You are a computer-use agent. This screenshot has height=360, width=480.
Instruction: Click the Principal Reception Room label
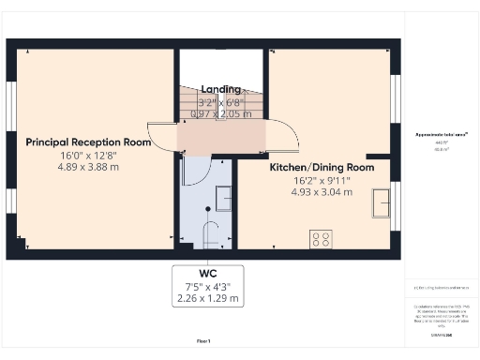pyautogui.click(x=88, y=142)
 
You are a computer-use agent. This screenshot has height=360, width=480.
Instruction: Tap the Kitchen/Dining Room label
pyautogui.click(x=322, y=167)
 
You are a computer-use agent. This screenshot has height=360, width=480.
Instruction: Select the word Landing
pyautogui.click(x=221, y=89)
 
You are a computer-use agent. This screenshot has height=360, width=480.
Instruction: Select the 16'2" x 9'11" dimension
pyautogui.click(x=322, y=180)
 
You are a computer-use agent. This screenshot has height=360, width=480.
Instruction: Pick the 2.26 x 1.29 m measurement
pyautogui.click(x=208, y=299)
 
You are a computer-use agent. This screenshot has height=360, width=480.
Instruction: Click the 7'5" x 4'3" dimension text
pyautogui.click(x=208, y=286)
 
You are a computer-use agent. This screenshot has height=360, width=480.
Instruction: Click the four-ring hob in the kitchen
pyautogui.click(x=319, y=238)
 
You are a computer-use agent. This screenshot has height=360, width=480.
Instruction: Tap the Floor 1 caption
pyautogui.click(x=203, y=339)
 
